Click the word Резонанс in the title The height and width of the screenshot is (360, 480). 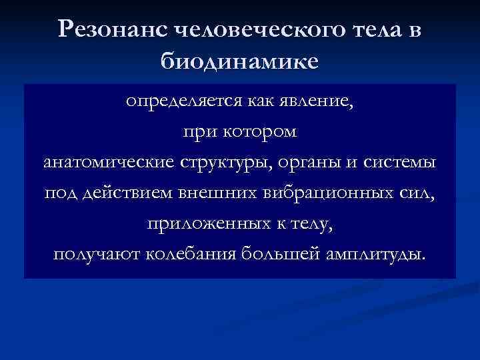click(x=112, y=29)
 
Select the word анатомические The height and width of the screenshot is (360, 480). click(x=105, y=162)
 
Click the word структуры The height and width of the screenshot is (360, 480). click(x=219, y=162)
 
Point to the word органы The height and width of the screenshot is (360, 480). click(x=305, y=162)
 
